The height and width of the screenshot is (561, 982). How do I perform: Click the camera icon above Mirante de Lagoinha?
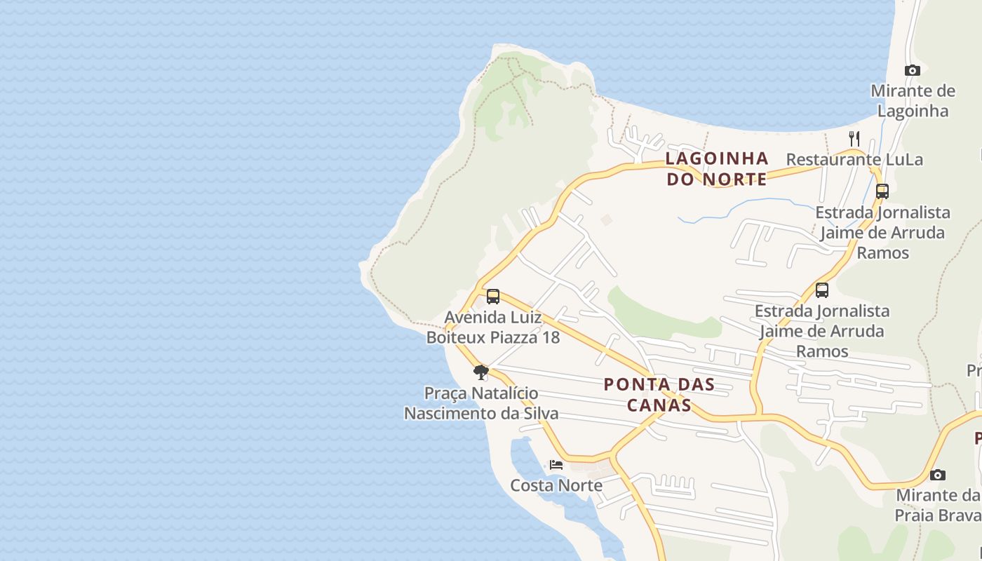click(912, 70)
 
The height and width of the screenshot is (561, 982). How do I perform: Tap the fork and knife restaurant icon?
click(854, 138)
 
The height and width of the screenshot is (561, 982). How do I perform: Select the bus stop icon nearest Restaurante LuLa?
click(882, 191)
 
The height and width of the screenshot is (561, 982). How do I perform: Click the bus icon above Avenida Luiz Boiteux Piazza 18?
click(493, 296)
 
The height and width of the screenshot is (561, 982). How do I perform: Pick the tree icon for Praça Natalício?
click(480, 372)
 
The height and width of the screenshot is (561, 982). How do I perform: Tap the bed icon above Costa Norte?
click(556, 464)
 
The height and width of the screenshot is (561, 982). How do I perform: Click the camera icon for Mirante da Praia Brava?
click(938, 475)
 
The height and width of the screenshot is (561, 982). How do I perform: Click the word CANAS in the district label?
click(659, 405)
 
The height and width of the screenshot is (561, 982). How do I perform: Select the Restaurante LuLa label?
click(854, 159)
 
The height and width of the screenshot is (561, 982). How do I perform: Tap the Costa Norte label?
click(556, 485)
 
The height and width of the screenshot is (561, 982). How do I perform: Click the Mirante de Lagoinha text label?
click(913, 101)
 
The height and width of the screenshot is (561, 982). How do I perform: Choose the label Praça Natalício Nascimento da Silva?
click(481, 403)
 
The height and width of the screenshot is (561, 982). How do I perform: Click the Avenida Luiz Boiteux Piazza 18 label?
click(493, 327)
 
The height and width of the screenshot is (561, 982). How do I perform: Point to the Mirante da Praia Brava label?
click(937, 505)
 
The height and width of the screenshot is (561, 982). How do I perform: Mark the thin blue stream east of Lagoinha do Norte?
click(736, 208)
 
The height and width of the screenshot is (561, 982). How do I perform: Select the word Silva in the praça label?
click(541, 413)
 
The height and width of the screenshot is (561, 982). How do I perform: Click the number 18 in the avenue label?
click(550, 337)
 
